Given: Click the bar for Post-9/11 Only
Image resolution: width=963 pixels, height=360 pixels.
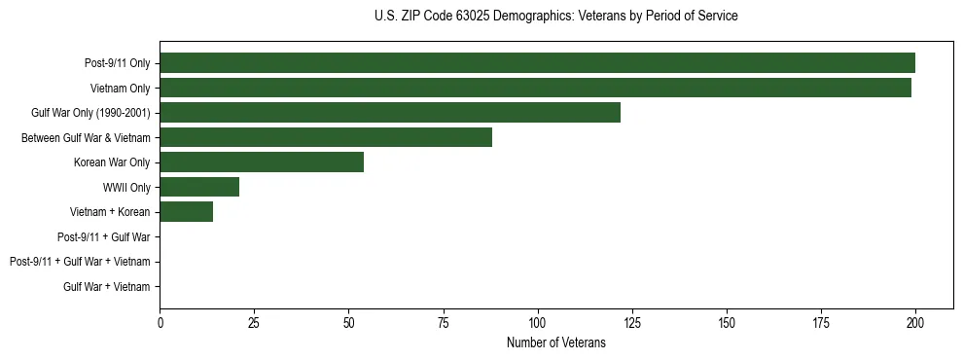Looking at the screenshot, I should pos(537,63).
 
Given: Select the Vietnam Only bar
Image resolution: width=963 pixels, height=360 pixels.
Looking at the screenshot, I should pos(535,88).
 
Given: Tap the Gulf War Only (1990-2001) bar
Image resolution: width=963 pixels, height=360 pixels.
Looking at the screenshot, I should pos(390,112).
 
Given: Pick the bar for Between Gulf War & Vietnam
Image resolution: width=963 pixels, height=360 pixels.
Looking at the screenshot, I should pos(326,137).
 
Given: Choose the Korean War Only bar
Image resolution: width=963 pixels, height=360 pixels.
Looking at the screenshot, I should pos(262,162).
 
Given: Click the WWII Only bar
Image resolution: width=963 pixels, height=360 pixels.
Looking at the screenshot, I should pos(199,187).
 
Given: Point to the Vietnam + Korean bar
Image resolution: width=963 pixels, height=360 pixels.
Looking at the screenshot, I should pos(186,212).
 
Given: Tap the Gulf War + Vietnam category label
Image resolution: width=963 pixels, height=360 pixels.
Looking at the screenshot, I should pos(107,286).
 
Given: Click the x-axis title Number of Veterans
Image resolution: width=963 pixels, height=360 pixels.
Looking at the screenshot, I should pos(556,342).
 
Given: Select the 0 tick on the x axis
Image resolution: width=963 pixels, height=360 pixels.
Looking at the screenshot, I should pos(160,322).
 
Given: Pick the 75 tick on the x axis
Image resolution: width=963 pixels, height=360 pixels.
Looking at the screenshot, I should pos(443,322).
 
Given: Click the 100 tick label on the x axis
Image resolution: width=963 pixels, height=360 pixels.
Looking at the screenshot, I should pos(537,322).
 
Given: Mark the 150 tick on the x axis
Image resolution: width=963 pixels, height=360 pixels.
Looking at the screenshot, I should pos(727,322).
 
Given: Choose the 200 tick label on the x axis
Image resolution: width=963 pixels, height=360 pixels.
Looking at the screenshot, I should pos(915,322).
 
